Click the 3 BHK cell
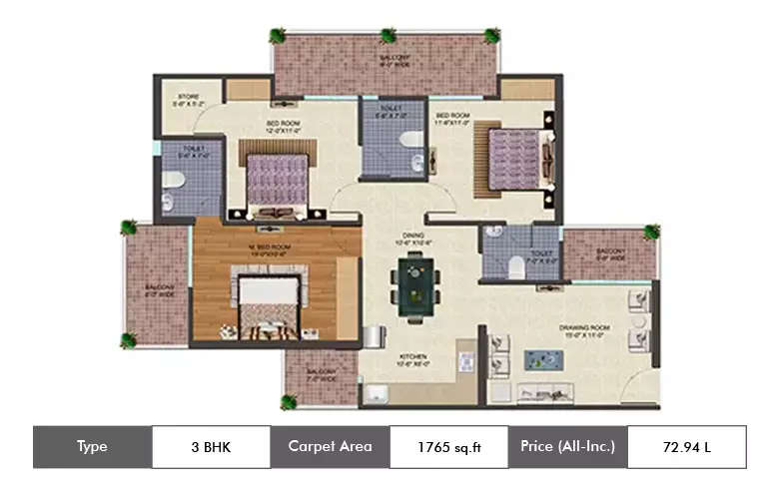click(x=211, y=447)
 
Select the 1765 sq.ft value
click(x=448, y=447)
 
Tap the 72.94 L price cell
click(x=686, y=447)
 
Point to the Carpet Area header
click(x=330, y=447)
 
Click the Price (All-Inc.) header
click(x=567, y=447)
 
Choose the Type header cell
click(x=92, y=447)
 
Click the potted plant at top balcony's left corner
click(x=278, y=36)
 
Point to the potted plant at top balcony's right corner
click(x=491, y=36)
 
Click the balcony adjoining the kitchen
click(x=320, y=377)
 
